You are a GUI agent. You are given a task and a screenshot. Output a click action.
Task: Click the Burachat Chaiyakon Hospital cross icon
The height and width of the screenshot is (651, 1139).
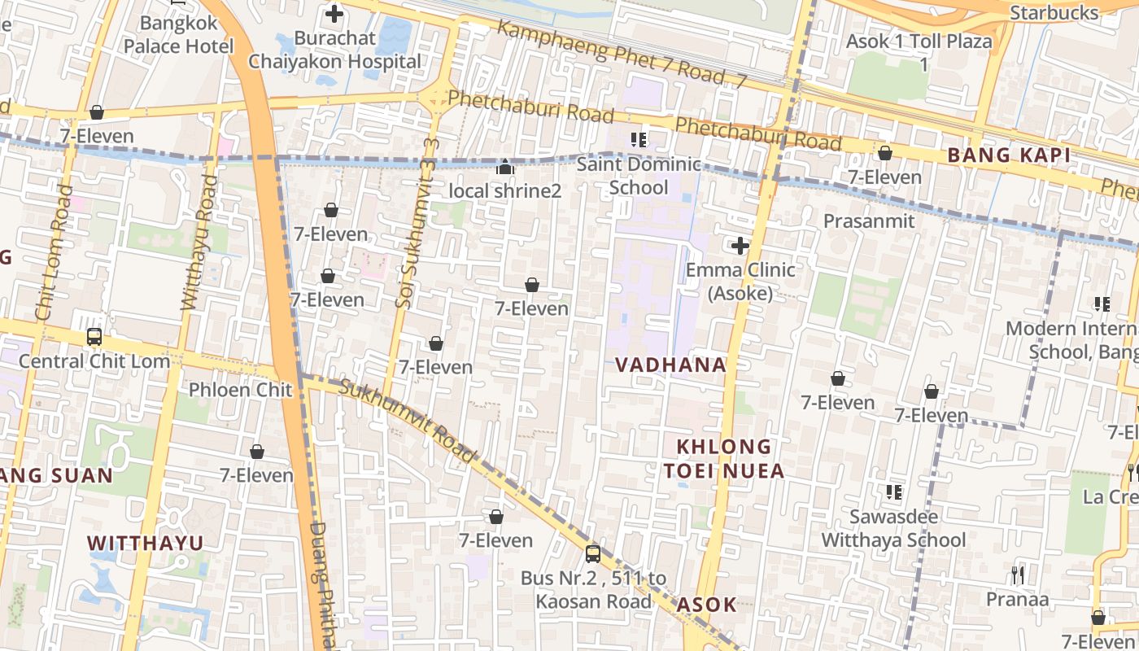click(x=334, y=14)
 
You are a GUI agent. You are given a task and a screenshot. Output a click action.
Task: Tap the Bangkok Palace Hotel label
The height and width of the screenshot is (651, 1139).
click(x=178, y=35)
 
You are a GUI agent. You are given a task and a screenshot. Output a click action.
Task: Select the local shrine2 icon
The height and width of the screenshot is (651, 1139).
click(x=505, y=168)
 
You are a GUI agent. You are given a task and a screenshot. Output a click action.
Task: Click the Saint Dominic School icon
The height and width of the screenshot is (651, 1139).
click(x=639, y=140)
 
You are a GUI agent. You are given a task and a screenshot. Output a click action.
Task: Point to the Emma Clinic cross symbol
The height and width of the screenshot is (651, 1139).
click(x=740, y=245)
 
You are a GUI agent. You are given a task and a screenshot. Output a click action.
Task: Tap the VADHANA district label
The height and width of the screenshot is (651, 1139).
click(x=670, y=365)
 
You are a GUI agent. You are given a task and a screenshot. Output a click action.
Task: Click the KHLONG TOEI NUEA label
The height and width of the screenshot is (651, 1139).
click(x=723, y=458)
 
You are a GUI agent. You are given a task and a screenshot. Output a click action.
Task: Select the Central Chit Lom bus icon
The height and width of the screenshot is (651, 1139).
click(x=94, y=337)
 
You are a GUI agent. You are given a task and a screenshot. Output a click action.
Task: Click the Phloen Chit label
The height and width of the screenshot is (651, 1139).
click(x=240, y=389)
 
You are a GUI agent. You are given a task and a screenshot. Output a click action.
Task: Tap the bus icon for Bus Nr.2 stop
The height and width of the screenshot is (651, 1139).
click(x=593, y=554)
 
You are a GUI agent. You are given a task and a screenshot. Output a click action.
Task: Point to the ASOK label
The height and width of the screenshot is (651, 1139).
click(x=706, y=605)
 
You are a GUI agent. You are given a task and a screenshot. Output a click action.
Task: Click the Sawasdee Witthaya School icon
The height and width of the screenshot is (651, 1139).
click(x=893, y=492)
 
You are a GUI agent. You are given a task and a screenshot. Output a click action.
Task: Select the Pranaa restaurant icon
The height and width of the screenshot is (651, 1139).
click(x=1017, y=575)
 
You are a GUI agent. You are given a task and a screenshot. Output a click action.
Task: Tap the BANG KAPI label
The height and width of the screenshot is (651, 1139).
click(x=1008, y=155)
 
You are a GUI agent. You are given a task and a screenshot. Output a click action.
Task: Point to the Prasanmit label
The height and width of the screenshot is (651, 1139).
click(x=869, y=221)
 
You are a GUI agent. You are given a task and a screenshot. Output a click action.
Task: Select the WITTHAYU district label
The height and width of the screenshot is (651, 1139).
click(x=146, y=543)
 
